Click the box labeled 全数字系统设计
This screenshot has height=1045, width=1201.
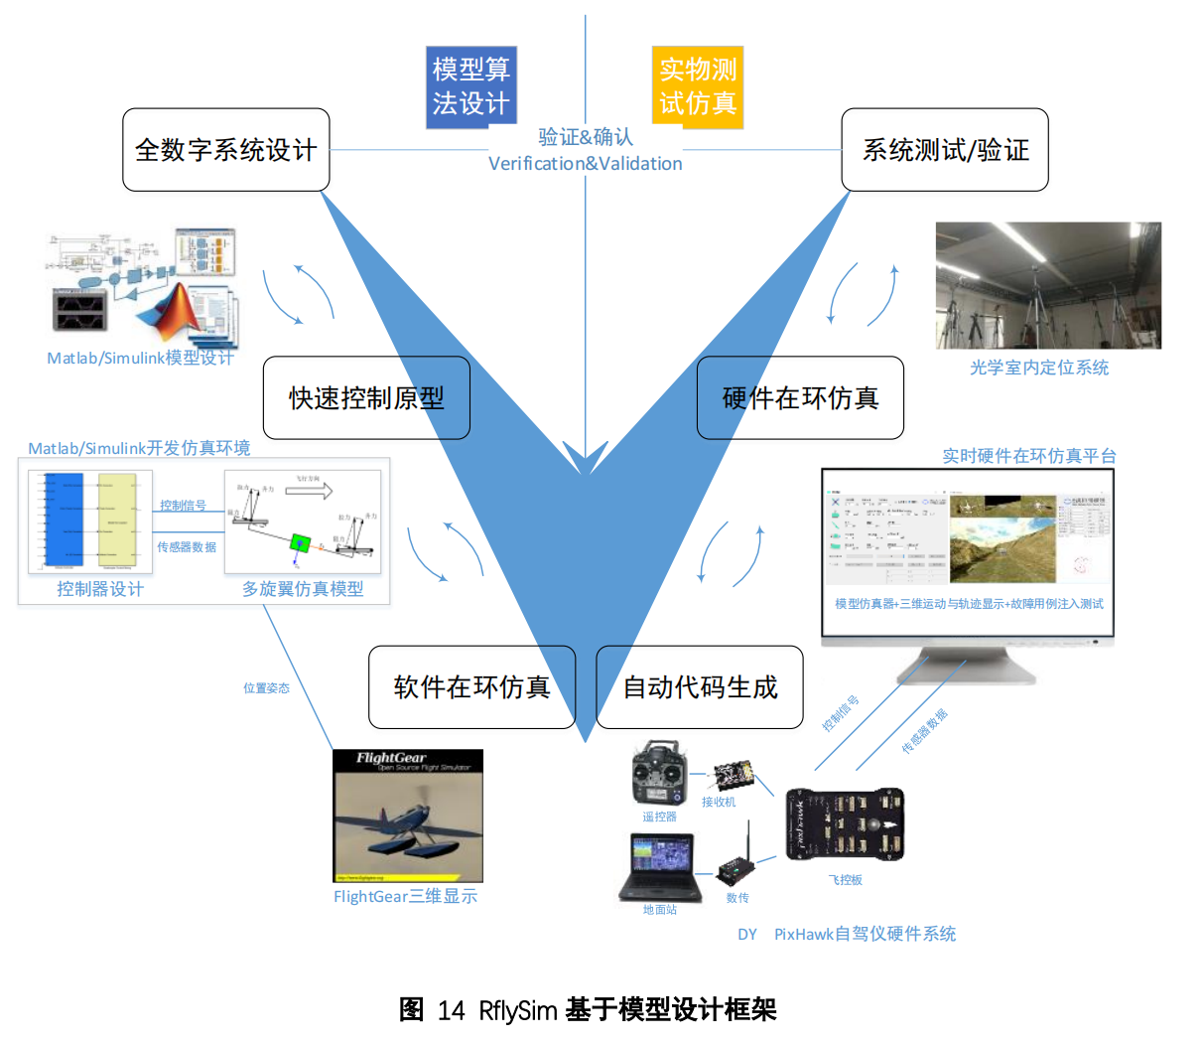pyautogui.click(x=225, y=150)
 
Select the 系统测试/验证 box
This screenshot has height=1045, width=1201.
pyautogui.click(x=945, y=150)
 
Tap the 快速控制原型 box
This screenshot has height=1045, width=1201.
pyautogui.click(x=366, y=398)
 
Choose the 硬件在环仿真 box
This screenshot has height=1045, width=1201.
pyautogui.click(x=800, y=398)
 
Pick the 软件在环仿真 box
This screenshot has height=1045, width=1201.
pyautogui.click(x=471, y=687)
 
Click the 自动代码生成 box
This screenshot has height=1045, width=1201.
pyautogui.click(x=700, y=687)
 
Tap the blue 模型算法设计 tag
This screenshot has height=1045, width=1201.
pyautogui.click(x=471, y=87)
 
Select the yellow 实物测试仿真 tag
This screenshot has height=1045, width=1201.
pyautogui.click(x=698, y=87)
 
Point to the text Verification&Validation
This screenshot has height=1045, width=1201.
pyautogui.click(x=585, y=164)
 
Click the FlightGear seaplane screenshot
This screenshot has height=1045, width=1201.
pyautogui.click(x=408, y=816)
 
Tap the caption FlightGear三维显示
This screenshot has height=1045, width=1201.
pyautogui.click(x=405, y=897)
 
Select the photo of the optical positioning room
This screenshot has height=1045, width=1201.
pyautogui.click(x=1048, y=285)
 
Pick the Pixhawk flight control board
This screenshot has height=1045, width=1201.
pyautogui.click(x=845, y=823)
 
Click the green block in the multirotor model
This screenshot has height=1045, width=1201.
pyautogui.click(x=300, y=543)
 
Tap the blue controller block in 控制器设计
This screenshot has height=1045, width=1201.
pyautogui.click(x=64, y=521)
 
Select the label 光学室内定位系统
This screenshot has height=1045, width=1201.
pyautogui.click(x=1039, y=368)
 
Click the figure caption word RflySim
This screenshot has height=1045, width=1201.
pyautogui.click(x=517, y=1011)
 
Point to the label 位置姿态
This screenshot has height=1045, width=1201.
pyautogui.click(x=266, y=687)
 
